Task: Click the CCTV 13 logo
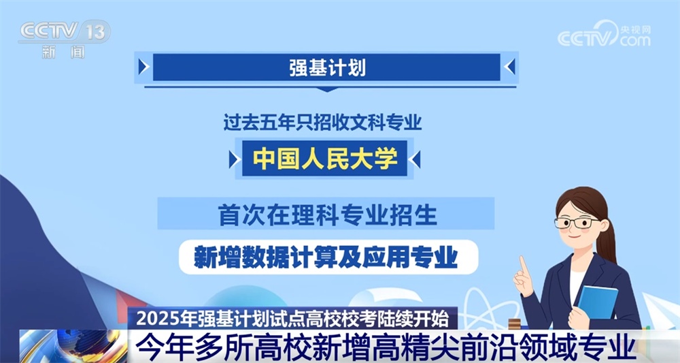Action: tap(64, 31)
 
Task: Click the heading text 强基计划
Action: tap(328, 67)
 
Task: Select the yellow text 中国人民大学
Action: tap(325, 159)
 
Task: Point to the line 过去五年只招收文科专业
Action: tap(323, 123)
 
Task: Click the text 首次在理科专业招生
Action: tap(326, 215)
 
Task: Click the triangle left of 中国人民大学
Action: tap(234, 159)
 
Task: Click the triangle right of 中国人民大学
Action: tap(416, 159)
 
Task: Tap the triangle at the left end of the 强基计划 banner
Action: tap(143, 67)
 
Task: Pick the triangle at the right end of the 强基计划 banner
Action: tap(511, 67)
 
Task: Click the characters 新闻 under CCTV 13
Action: tap(63, 52)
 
